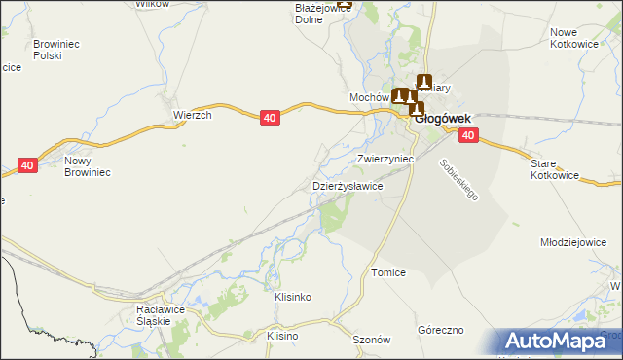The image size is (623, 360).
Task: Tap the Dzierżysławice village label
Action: [347, 185]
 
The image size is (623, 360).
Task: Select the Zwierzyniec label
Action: [385, 158]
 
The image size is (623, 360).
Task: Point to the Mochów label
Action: [369, 98]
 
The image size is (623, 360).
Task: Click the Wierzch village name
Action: [193, 114]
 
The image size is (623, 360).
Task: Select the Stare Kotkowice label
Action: [555, 170]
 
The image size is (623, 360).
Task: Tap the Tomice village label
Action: [387, 273]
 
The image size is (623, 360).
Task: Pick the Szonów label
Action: [371, 340]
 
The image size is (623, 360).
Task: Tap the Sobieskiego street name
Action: [459, 180]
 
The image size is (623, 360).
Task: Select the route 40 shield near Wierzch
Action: [272, 118]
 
